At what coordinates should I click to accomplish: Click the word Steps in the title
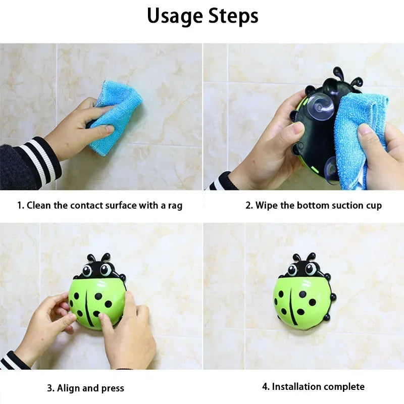click(x=233, y=16)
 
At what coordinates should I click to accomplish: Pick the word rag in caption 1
click(x=175, y=206)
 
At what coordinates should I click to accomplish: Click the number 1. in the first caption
click(x=21, y=206)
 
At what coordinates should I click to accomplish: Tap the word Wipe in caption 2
click(x=266, y=206)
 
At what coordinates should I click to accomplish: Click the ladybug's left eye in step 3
click(x=87, y=271)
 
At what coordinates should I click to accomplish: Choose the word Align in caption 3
click(x=67, y=388)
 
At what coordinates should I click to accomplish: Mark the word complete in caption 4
click(x=346, y=387)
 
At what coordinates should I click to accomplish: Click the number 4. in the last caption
click(x=266, y=387)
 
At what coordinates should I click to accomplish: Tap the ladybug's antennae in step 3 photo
click(x=98, y=258)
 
